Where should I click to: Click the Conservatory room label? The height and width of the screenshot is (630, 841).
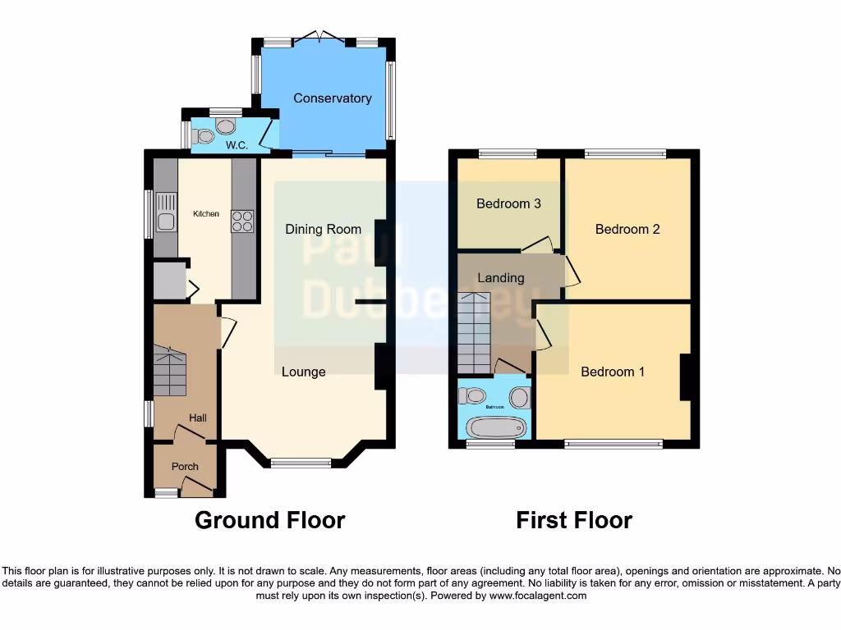(333, 98)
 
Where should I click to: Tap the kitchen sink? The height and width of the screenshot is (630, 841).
(166, 214)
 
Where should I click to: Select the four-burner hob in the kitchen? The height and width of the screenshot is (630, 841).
(242, 221)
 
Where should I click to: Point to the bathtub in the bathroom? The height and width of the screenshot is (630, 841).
(495, 427)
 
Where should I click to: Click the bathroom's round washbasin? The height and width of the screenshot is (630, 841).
(519, 399)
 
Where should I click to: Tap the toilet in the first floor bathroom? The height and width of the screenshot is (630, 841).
(473, 395)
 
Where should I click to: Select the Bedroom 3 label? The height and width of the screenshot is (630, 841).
(508, 203)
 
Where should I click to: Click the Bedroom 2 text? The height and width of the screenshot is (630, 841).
(627, 230)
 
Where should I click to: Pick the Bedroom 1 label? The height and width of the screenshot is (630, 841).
(613, 372)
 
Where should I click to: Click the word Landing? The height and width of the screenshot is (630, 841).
(500, 277)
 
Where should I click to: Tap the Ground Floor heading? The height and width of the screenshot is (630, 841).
(269, 520)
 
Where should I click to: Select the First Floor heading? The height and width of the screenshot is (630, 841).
(574, 520)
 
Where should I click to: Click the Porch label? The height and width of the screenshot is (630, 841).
(185, 467)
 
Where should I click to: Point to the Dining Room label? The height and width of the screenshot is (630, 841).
(323, 230)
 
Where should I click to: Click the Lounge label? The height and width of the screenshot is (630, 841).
(304, 372)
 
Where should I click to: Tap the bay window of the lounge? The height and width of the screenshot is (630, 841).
(301, 463)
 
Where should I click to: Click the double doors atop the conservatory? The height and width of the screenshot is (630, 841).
(320, 38)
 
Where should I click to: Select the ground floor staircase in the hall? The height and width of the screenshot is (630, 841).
(169, 372)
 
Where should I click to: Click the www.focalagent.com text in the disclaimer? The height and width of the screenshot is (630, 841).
(538, 596)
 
